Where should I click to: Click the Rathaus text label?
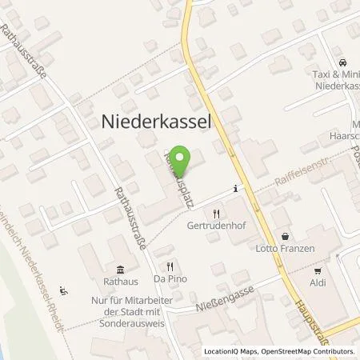point(119,281)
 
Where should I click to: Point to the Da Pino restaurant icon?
point(170,267)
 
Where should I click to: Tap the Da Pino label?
point(170,281)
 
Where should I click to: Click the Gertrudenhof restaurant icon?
point(216,214)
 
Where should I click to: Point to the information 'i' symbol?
point(234,189)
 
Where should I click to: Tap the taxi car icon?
point(342,62)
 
